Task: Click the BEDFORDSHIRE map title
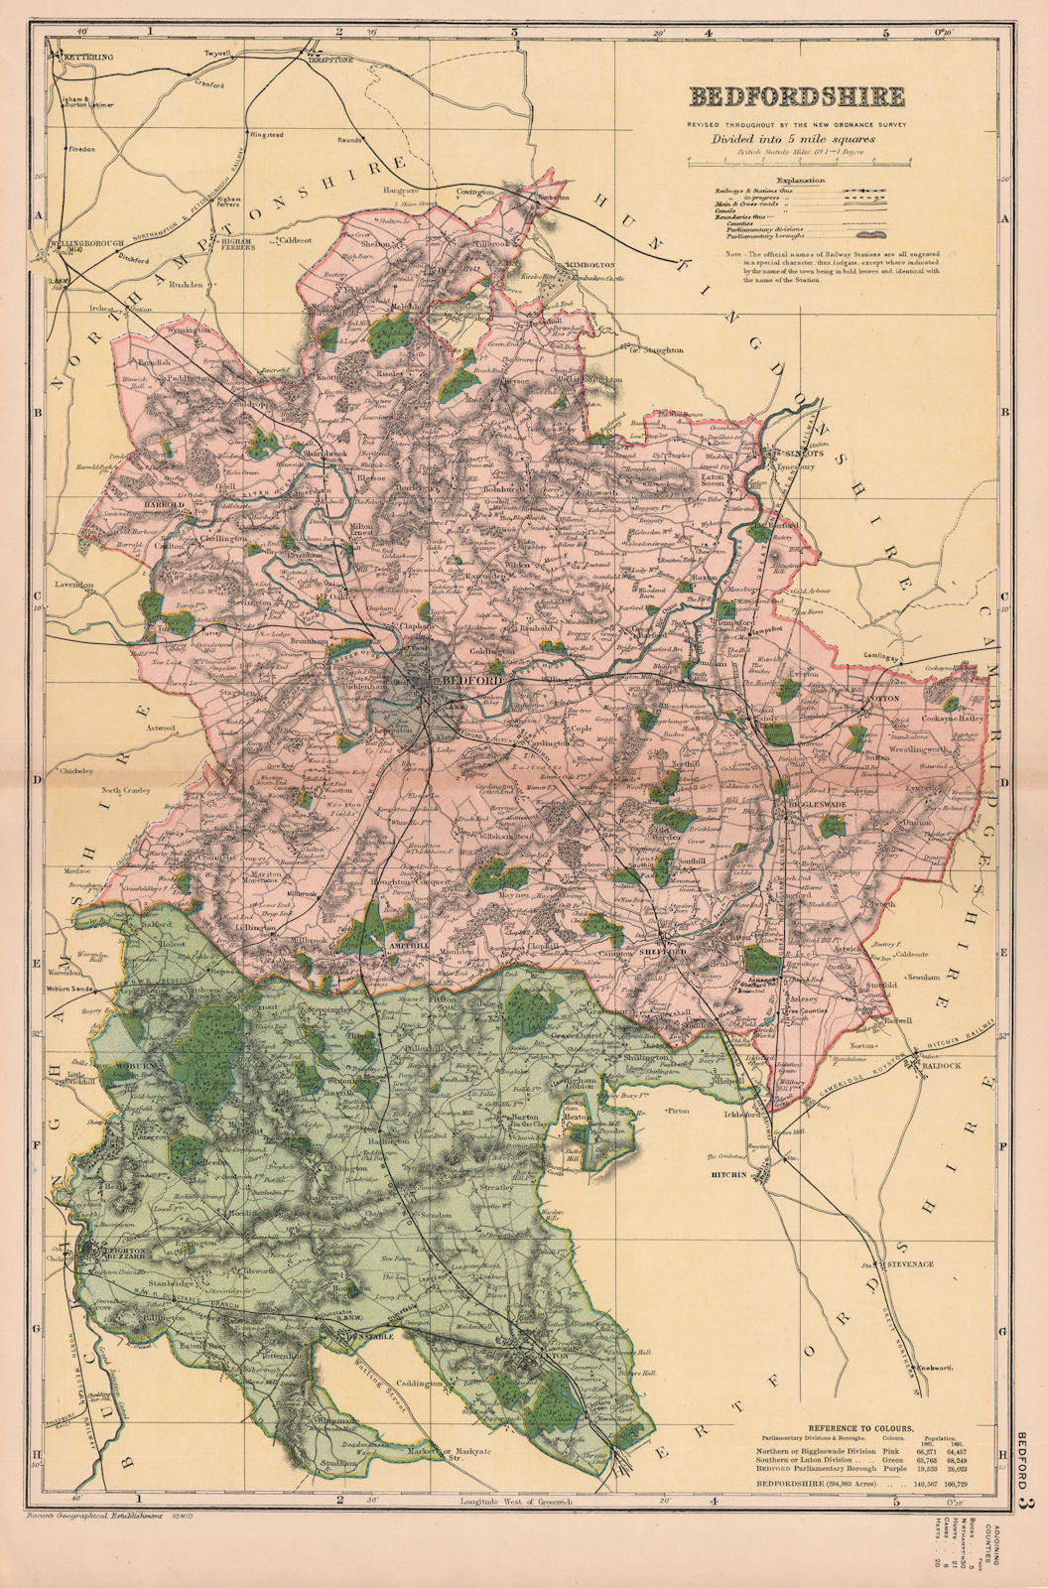pos(797,96)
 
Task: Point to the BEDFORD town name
pos(458,679)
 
